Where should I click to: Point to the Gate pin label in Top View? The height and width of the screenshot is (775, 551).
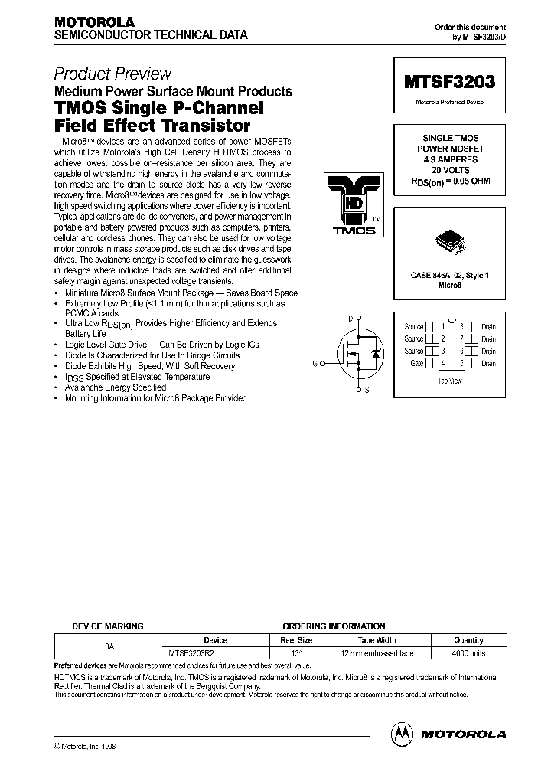click(417, 364)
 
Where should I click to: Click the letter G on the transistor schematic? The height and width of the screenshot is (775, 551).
click(315, 363)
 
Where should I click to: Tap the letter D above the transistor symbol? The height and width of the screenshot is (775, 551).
click(351, 319)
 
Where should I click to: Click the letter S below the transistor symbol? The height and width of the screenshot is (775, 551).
click(366, 391)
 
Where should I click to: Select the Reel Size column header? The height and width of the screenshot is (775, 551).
click(296, 640)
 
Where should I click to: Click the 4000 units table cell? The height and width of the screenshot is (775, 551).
click(468, 653)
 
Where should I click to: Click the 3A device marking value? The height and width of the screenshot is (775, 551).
click(109, 647)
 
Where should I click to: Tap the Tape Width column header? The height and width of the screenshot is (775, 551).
click(377, 640)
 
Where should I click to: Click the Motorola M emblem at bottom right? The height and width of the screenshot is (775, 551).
click(403, 733)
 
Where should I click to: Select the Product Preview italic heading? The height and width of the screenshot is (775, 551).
click(112, 74)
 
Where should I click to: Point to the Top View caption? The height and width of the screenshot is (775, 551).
click(448, 380)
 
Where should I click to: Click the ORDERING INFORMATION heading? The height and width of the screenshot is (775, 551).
click(334, 626)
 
